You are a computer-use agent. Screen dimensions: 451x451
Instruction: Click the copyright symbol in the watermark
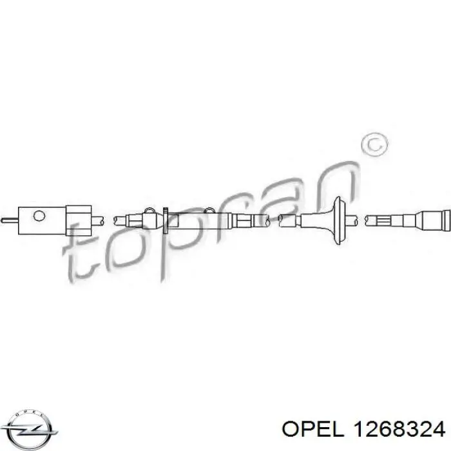click(x=373, y=146)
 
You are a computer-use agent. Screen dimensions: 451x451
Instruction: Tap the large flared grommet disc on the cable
click(x=340, y=219)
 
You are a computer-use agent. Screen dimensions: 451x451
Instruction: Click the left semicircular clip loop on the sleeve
click(x=149, y=211)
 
